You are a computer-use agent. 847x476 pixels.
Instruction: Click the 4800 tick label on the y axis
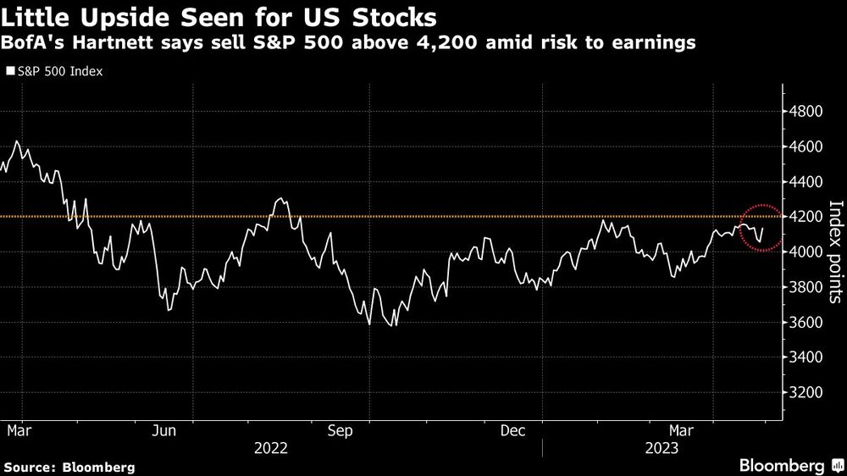(805, 111)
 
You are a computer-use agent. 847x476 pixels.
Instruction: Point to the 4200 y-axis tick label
(805, 217)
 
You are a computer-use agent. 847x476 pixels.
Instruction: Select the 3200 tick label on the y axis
(805, 393)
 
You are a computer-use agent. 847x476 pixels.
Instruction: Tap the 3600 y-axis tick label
(805, 323)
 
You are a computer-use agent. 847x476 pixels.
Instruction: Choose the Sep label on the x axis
(340, 431)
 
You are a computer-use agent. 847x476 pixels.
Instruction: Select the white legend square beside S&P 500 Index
(9, 72)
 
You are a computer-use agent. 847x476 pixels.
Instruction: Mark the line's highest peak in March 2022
(18, 142)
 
